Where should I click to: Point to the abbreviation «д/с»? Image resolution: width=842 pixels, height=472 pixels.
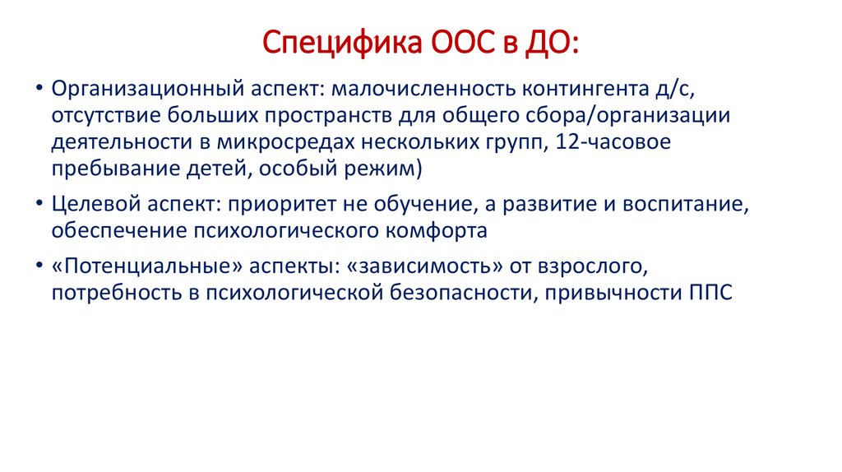pyautogui.click(x=684, y=88)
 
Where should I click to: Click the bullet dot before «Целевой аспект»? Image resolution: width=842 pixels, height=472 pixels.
pyautogui.click(x=39, y=205)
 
